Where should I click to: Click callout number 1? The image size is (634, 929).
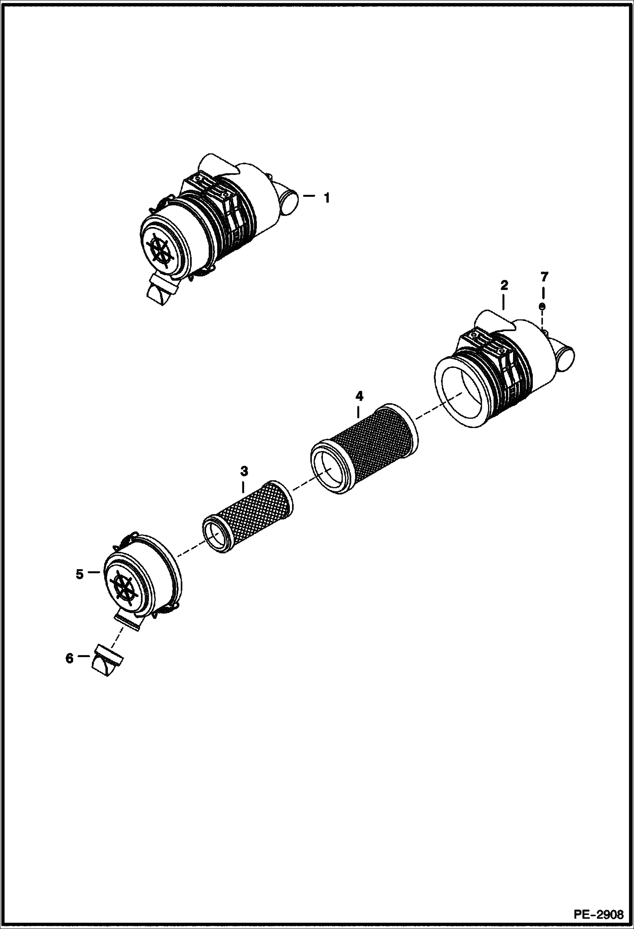(x=326, y=197)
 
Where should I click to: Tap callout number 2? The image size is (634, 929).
(x=504, y=285)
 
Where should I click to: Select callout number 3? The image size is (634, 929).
(x=244, y=471)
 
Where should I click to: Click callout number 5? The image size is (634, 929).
(x=80, y=574)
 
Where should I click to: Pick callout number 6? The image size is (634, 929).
(x=69, y=658)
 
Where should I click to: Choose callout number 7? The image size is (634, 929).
(x=544, y=277)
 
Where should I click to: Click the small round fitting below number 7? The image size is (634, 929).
(x=542, y=306)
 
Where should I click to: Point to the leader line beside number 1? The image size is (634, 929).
(x=309, y=196)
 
